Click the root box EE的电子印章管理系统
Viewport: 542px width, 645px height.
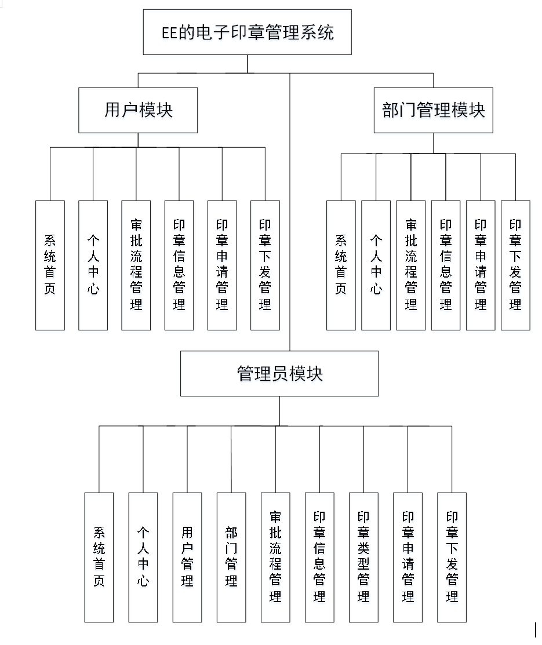pos(248,32)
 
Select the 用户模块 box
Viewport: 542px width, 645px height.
pos(138,110)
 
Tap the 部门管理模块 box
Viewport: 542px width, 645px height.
pos(433,110)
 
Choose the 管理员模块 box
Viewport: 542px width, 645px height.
pos(279,374)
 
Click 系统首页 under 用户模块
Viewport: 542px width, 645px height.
pos(50,265)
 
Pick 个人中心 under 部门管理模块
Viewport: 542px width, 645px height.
pos(376,265)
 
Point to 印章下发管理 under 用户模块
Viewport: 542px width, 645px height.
pos(265,265)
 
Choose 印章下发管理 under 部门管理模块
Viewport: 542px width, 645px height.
pos(515,265)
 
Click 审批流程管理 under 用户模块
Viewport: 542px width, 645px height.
pos(136,265)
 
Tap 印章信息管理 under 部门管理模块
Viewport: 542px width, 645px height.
pos(446,265)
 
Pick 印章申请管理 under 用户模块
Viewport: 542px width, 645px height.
pos(222,265)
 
